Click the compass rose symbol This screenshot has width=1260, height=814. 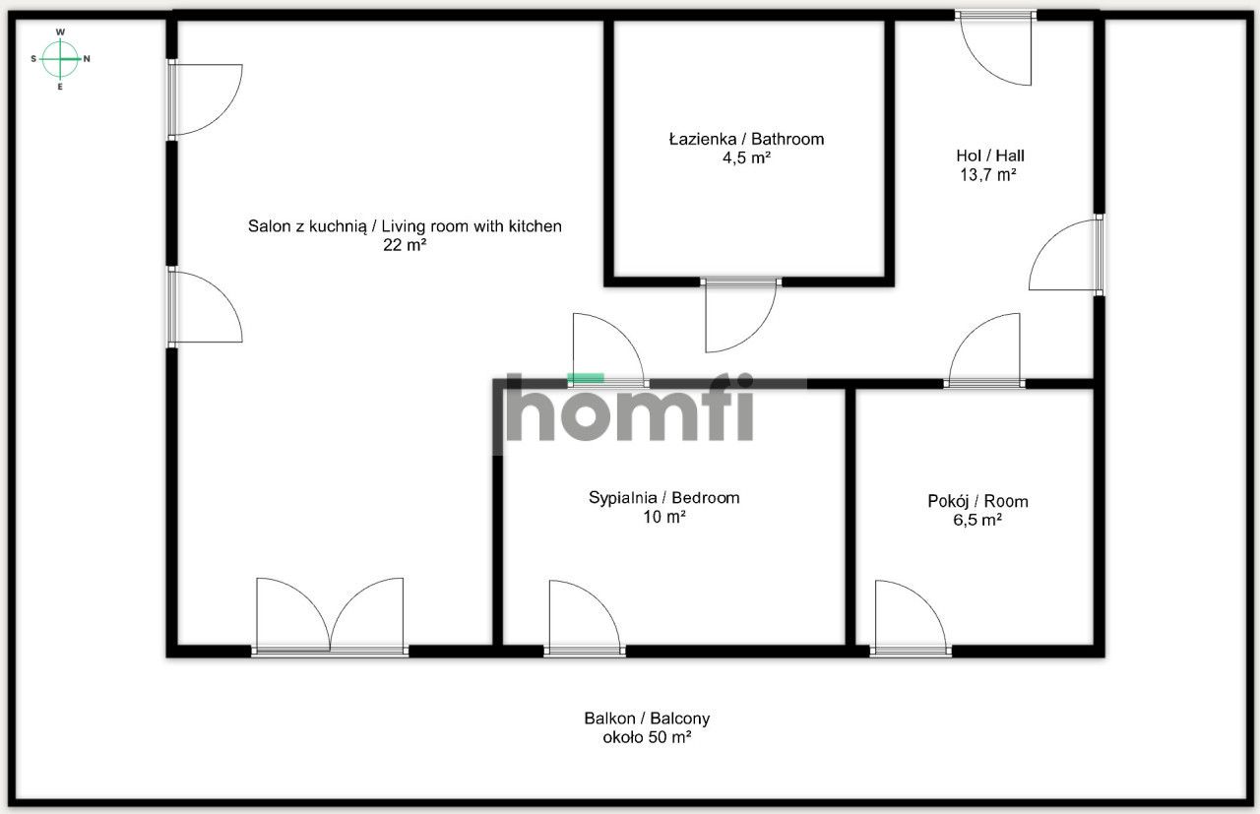tap(60, 59)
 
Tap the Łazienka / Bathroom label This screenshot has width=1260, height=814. tap(746, 139)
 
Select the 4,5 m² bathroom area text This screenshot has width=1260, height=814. tap(746, 157)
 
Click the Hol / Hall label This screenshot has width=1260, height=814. tap(990, 156)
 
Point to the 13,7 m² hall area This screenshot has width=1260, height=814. tap(987, 175)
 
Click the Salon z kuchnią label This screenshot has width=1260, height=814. tap(405, 226)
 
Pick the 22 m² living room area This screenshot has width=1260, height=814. tap(405, 246)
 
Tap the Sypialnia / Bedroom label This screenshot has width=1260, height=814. tap(663, 497)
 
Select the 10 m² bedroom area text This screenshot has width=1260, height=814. tap(663, 517)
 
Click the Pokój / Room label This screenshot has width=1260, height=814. tap(977, 501)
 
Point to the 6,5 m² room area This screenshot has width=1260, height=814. tap(971, 520)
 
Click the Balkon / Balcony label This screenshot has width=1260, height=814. tap(647, 719)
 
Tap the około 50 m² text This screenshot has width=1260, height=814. tap(647, 737)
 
